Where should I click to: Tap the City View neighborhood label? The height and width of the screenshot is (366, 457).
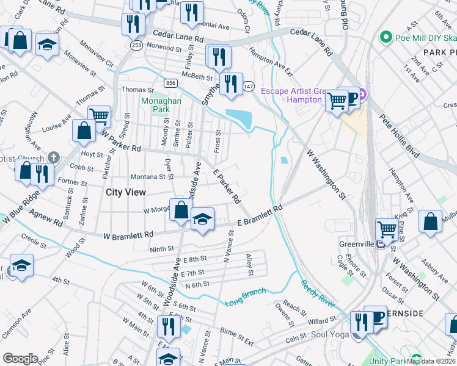126,192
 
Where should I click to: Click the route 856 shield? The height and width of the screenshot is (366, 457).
170,83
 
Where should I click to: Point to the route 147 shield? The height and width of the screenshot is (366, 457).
248,87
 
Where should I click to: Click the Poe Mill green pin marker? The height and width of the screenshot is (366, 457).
386,38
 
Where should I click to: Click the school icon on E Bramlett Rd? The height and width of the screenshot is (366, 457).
202,218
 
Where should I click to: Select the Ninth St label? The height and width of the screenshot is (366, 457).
162,249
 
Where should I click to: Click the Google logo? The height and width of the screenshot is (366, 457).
20,359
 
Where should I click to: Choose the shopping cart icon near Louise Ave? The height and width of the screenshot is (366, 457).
99,115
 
